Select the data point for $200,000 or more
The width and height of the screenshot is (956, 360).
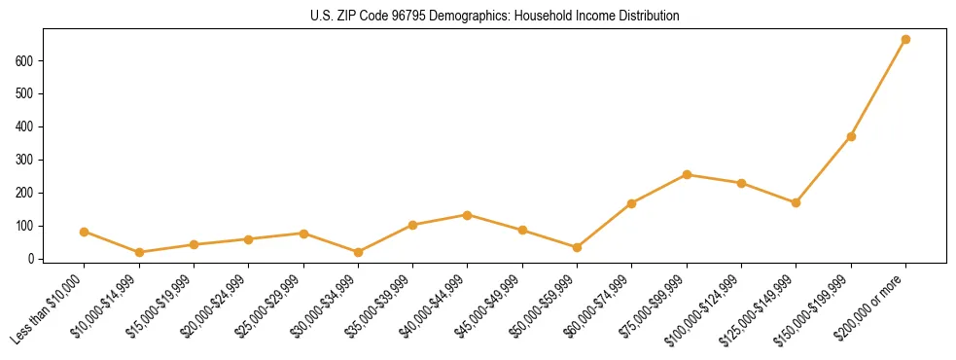[x=905, y=40]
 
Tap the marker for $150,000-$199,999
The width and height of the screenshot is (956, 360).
[x=851, y=136]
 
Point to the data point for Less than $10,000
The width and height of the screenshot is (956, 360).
[x=85, y=232]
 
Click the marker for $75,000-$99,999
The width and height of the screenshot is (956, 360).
[x=687, y=175]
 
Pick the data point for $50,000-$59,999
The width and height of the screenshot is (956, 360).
[x=577, y=247]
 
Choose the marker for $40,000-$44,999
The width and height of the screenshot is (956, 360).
[x=468, y=215]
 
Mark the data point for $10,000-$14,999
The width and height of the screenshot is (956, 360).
[x=139, y=252]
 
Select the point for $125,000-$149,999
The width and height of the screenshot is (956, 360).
[x=796, y=202]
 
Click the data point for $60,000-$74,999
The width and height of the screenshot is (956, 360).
[x=632, y=203]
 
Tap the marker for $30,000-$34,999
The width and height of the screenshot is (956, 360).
[x=358, y=252]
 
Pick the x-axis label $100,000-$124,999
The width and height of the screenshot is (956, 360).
[x=704, y=310]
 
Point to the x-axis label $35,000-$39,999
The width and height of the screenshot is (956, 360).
[x=378, y=309]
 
